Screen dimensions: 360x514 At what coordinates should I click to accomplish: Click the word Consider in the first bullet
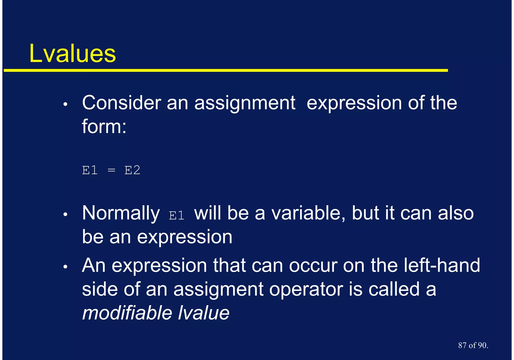pos(121,103)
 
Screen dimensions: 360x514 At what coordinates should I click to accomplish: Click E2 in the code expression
pos(132,170)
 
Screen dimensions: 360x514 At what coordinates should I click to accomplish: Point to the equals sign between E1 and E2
pos(111,171)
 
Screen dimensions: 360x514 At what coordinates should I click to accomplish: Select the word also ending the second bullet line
pos(456,213)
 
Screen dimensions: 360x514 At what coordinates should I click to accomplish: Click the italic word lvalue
pos(204,313)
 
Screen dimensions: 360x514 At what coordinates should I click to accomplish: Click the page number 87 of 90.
pos(473,345)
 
